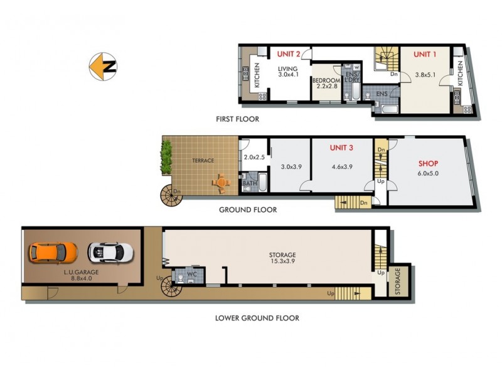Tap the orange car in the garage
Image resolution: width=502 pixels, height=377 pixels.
[x=53, y=253]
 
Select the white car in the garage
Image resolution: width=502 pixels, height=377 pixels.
[x=110, y=253]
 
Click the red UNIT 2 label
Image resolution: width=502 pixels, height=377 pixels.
[x=289, y=54]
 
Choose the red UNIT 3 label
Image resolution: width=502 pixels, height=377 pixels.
[x=342, y=148]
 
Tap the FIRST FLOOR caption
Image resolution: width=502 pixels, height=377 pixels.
[x=237, y=119]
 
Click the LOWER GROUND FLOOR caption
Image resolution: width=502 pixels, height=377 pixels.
[x=257, y=318]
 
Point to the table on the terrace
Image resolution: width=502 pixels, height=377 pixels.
[x=221, y=183]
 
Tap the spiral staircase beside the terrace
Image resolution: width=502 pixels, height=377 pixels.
[x=171, y=195]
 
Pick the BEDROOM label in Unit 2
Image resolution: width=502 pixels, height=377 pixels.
[x=326, y=80]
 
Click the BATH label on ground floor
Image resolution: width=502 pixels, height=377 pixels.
[x=249, y=184]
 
